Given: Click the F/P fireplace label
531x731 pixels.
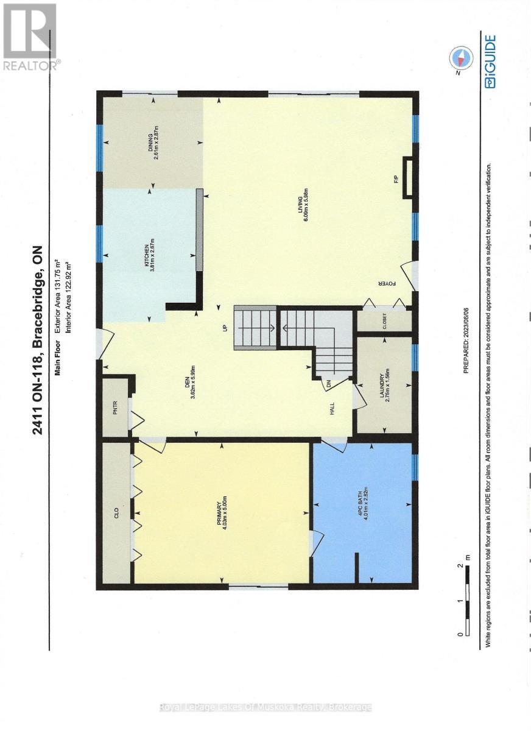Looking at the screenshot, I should click(395, 179).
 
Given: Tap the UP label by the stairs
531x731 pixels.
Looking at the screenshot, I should click(225, 329).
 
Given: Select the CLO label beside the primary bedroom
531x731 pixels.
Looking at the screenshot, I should click(115, 512).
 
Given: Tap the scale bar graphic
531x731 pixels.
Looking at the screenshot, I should click(468, 600).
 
